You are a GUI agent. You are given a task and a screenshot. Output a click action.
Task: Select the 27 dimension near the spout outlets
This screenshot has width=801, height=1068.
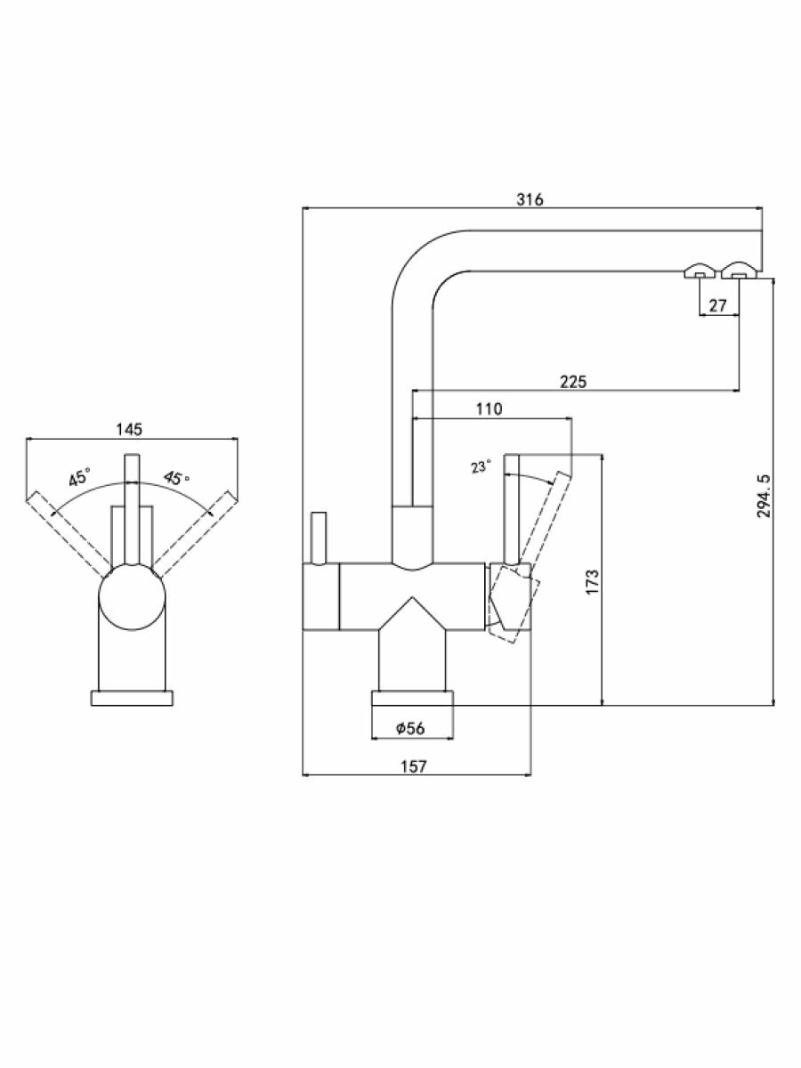pyautogui.click(x=718, y=305)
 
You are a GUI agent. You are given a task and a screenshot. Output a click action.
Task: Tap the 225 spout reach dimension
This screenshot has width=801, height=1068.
pyautogui.click(x=573, y=382)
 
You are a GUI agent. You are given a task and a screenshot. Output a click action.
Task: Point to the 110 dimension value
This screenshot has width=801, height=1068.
pyautogui.click(x=489, y=409)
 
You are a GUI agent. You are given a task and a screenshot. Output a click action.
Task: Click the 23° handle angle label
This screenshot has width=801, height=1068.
pyautogui.click(x=481, y=466)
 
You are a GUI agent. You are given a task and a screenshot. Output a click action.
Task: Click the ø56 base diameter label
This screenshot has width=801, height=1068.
pyautogui.click(x=410, y=729)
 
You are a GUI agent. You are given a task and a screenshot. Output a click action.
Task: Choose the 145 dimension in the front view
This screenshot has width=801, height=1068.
pyautogui.click(x=129, y=430)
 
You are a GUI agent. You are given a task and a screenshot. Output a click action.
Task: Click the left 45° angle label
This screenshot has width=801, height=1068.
pyautogui.click(x=80, y=478)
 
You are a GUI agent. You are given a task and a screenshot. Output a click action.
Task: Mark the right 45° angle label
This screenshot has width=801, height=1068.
pyautogui.click(x=176, y=478)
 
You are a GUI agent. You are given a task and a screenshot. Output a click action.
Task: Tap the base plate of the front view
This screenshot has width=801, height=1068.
pyautogui.click(x=131, y=698)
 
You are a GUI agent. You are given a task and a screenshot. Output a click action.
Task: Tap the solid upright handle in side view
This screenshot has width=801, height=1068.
pyautogui.click(x=512, y=507)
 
